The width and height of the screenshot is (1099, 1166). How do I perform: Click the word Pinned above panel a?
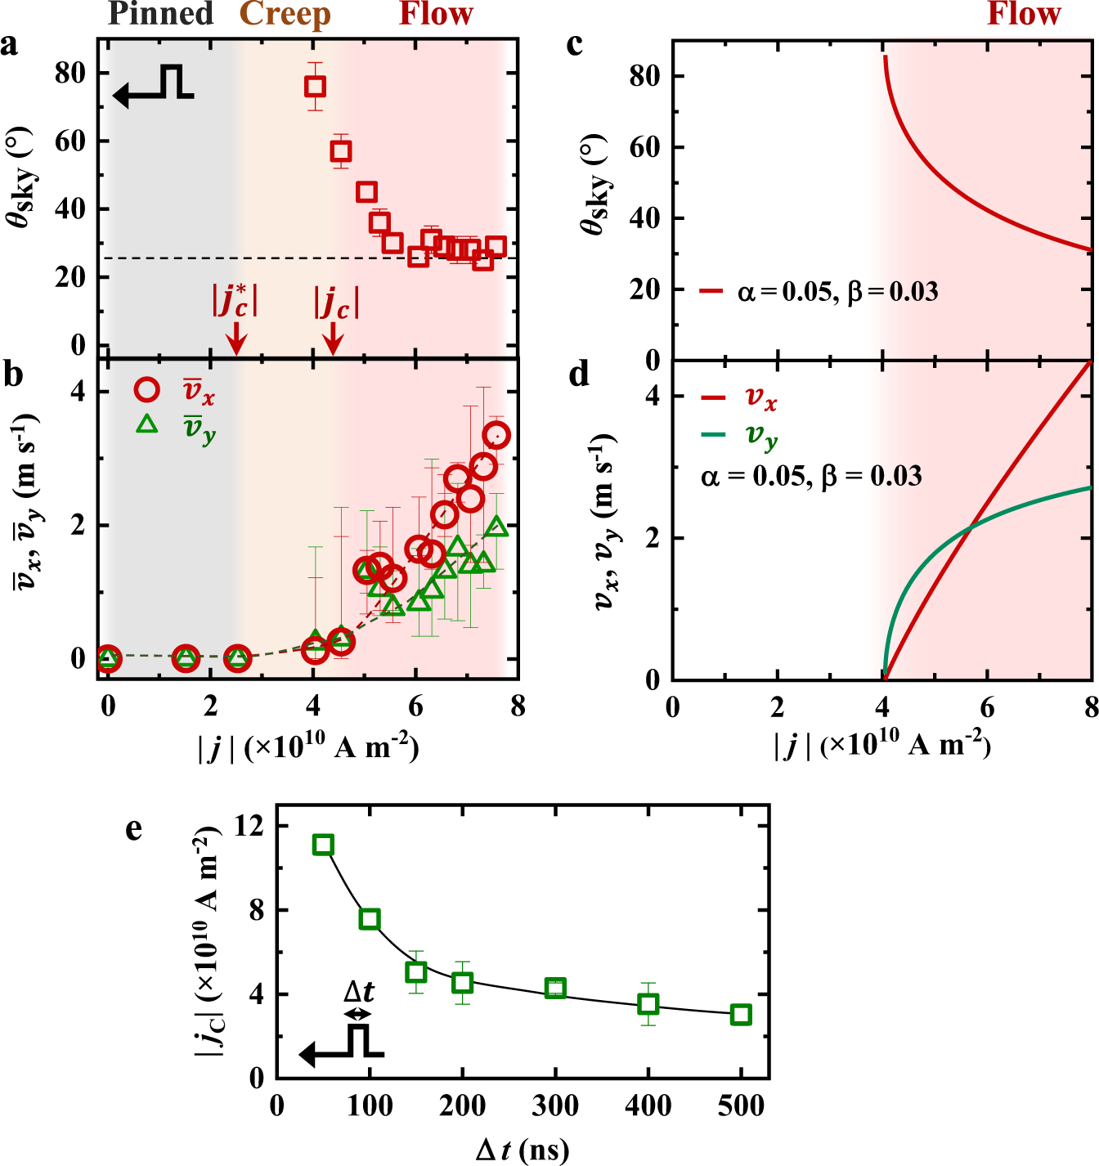(x=161, y=14)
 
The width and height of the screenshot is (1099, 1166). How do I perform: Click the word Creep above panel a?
(x=285, y=14)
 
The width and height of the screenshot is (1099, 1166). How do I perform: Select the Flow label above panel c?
(x=1024, y=14)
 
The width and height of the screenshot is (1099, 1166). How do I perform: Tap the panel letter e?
(x=134, y=828)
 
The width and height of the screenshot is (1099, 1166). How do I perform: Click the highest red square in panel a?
(x=315, y=86)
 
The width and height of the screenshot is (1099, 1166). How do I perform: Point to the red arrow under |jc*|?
(x=235, y=338)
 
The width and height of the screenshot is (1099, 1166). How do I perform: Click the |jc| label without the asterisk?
(x=336, y=302)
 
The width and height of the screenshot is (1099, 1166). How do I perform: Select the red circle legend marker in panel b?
(x=147, y=390)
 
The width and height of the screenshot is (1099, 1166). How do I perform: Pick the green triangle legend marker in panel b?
(x=147, y=424)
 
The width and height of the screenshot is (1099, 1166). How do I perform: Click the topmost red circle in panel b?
(x=496, y=435)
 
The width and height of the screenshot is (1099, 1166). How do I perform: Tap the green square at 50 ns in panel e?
(x=323, y=845)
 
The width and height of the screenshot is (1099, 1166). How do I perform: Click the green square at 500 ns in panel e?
(x=741, y=1015)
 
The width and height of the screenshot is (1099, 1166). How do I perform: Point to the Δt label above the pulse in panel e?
(x=359, y=992)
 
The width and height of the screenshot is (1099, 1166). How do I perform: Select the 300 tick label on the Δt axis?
(x=555, y=1106)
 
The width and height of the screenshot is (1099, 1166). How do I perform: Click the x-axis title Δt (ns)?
(x=523, y=1150)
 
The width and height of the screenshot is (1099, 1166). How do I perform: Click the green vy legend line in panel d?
(x=713, y=434)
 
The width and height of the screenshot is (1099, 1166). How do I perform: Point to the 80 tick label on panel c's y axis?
(x=644, y=76)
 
